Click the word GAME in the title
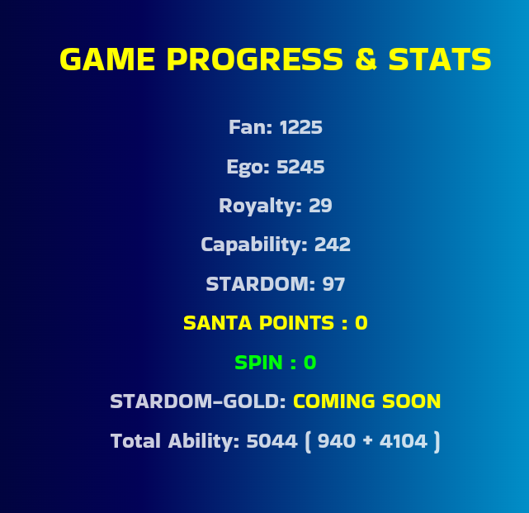(x=107, y=59)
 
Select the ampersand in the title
(x=366, y=59)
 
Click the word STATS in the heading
(x=440, y=59)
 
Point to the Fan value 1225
(x=301, y=127)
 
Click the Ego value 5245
(x=300, y=167)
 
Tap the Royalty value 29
(x=320, y=206)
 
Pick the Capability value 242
(x=333, y=245)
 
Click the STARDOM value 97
(x=333, y=284)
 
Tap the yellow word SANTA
(x=218, y=323)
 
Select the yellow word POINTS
(x=296, y=323)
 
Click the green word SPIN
(x=258, y=363)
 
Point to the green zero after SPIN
(x=309, y=363)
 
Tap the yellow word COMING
(x=334, y=401)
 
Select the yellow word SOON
(x=412, y=401)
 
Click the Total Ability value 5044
(x=272, y=441)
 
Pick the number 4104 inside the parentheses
(x=404, y=441)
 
